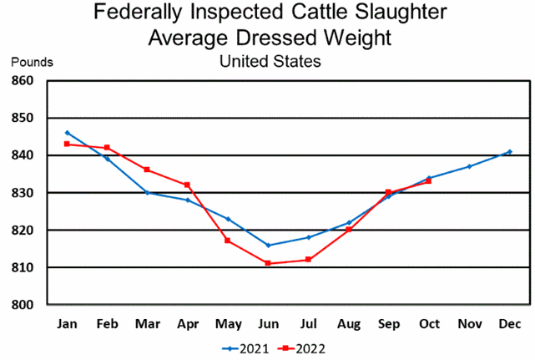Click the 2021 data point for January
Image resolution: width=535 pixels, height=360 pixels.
67,133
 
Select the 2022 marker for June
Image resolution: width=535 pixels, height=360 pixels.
268,263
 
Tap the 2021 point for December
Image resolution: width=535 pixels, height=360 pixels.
509,152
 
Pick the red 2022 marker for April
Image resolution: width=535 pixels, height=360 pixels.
188,185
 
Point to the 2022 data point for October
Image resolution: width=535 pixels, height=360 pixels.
429,181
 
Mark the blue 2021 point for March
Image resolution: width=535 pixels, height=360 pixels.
147,192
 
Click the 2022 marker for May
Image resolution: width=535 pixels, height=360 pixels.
228,241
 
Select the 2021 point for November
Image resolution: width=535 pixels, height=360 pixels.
469,166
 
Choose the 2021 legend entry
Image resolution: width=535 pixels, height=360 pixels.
246,347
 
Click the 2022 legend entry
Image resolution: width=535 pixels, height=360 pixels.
305,347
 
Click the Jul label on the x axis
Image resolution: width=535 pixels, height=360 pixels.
308,323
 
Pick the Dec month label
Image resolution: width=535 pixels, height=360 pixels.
509,323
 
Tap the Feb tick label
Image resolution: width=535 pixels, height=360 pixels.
107,323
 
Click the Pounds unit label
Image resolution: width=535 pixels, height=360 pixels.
32,61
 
